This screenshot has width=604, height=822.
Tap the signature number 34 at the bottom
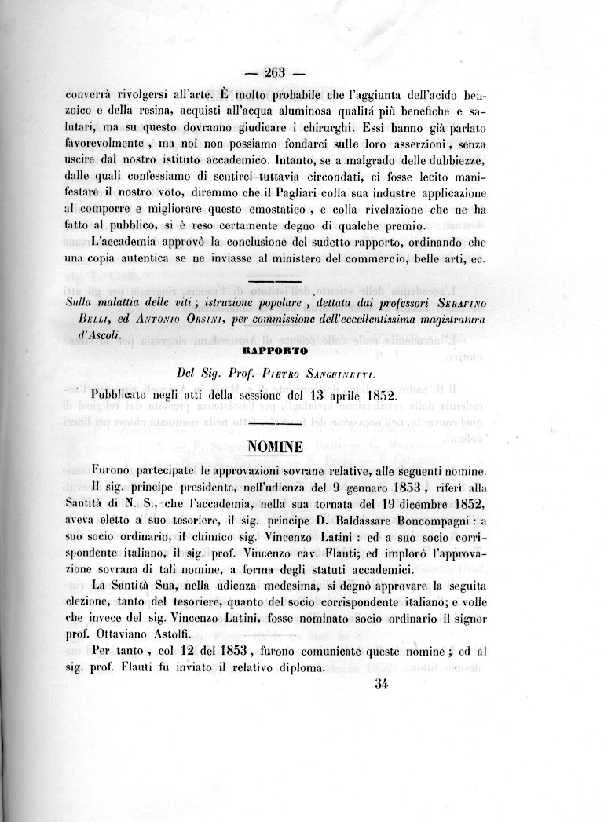point(383,683)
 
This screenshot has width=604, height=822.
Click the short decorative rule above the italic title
point(274,280)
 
